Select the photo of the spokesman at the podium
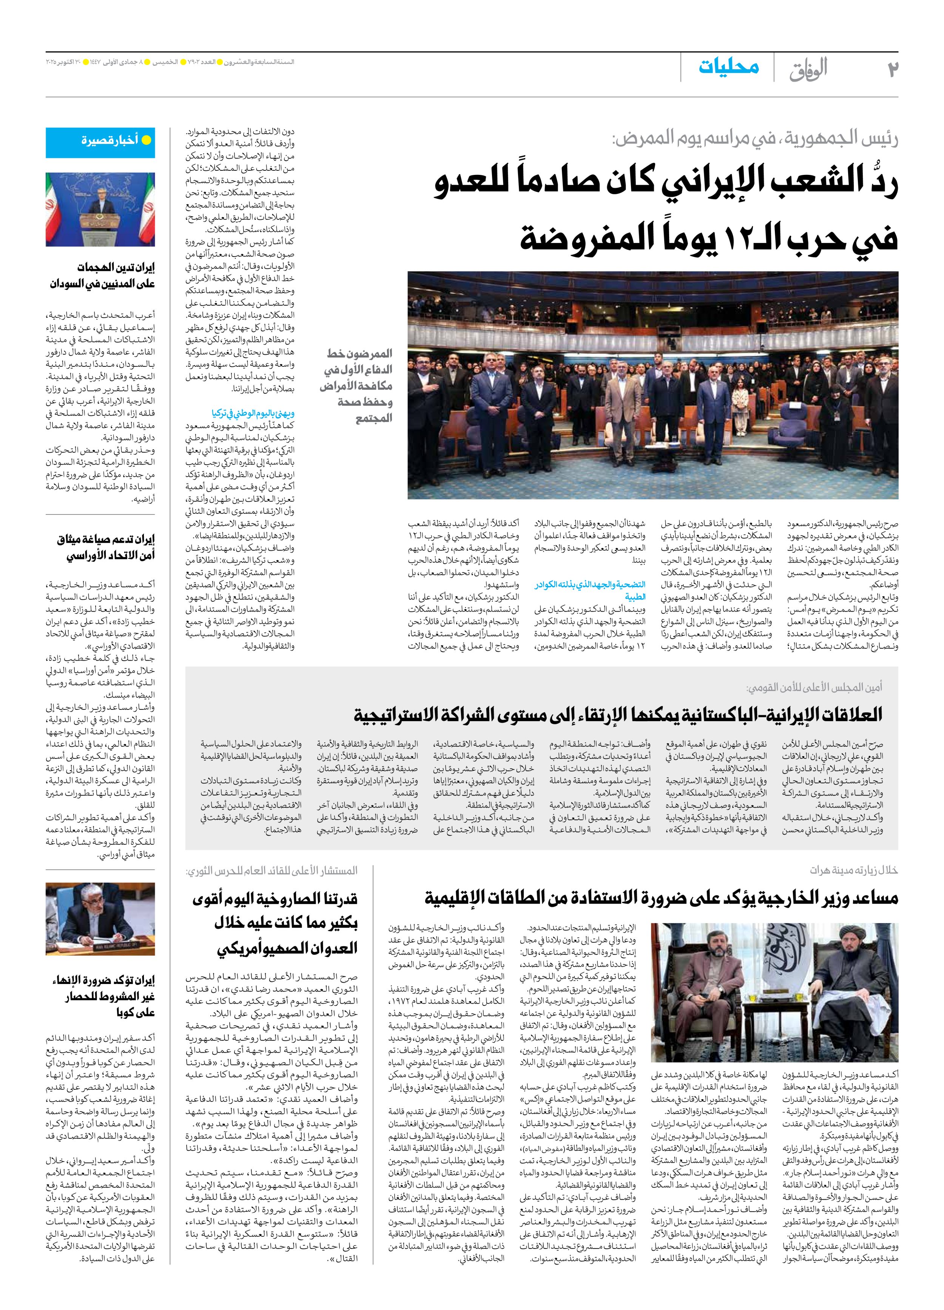[x=100, y=209]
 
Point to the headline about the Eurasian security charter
[x=106, y=547]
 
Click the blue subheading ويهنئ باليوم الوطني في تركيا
[x=253, y=413]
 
